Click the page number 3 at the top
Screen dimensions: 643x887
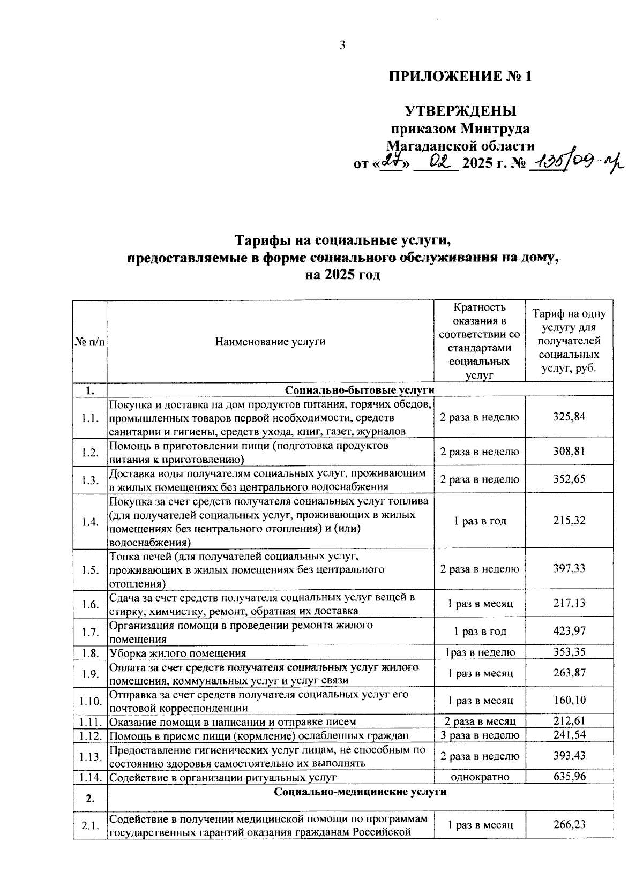coord(342,46)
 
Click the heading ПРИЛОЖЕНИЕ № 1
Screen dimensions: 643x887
coord(460,76)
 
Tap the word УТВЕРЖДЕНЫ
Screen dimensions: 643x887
coord(460,111)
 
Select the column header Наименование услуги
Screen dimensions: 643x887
coord(270,341)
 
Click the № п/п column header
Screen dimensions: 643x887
coord(89,341)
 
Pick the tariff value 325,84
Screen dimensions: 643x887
coord(569,417)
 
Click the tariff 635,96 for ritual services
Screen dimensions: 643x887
coord(569,776)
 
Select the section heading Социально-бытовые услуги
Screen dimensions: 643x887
coord(360,389)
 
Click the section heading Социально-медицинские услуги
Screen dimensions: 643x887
coord(360,792)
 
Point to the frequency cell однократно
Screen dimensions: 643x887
coord(480,776)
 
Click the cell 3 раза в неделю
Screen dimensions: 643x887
coord(480,735)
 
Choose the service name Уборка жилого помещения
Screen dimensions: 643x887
coord(178,653)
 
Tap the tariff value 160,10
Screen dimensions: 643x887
coord(569,700)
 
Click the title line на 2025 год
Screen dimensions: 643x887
coord(342,275)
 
